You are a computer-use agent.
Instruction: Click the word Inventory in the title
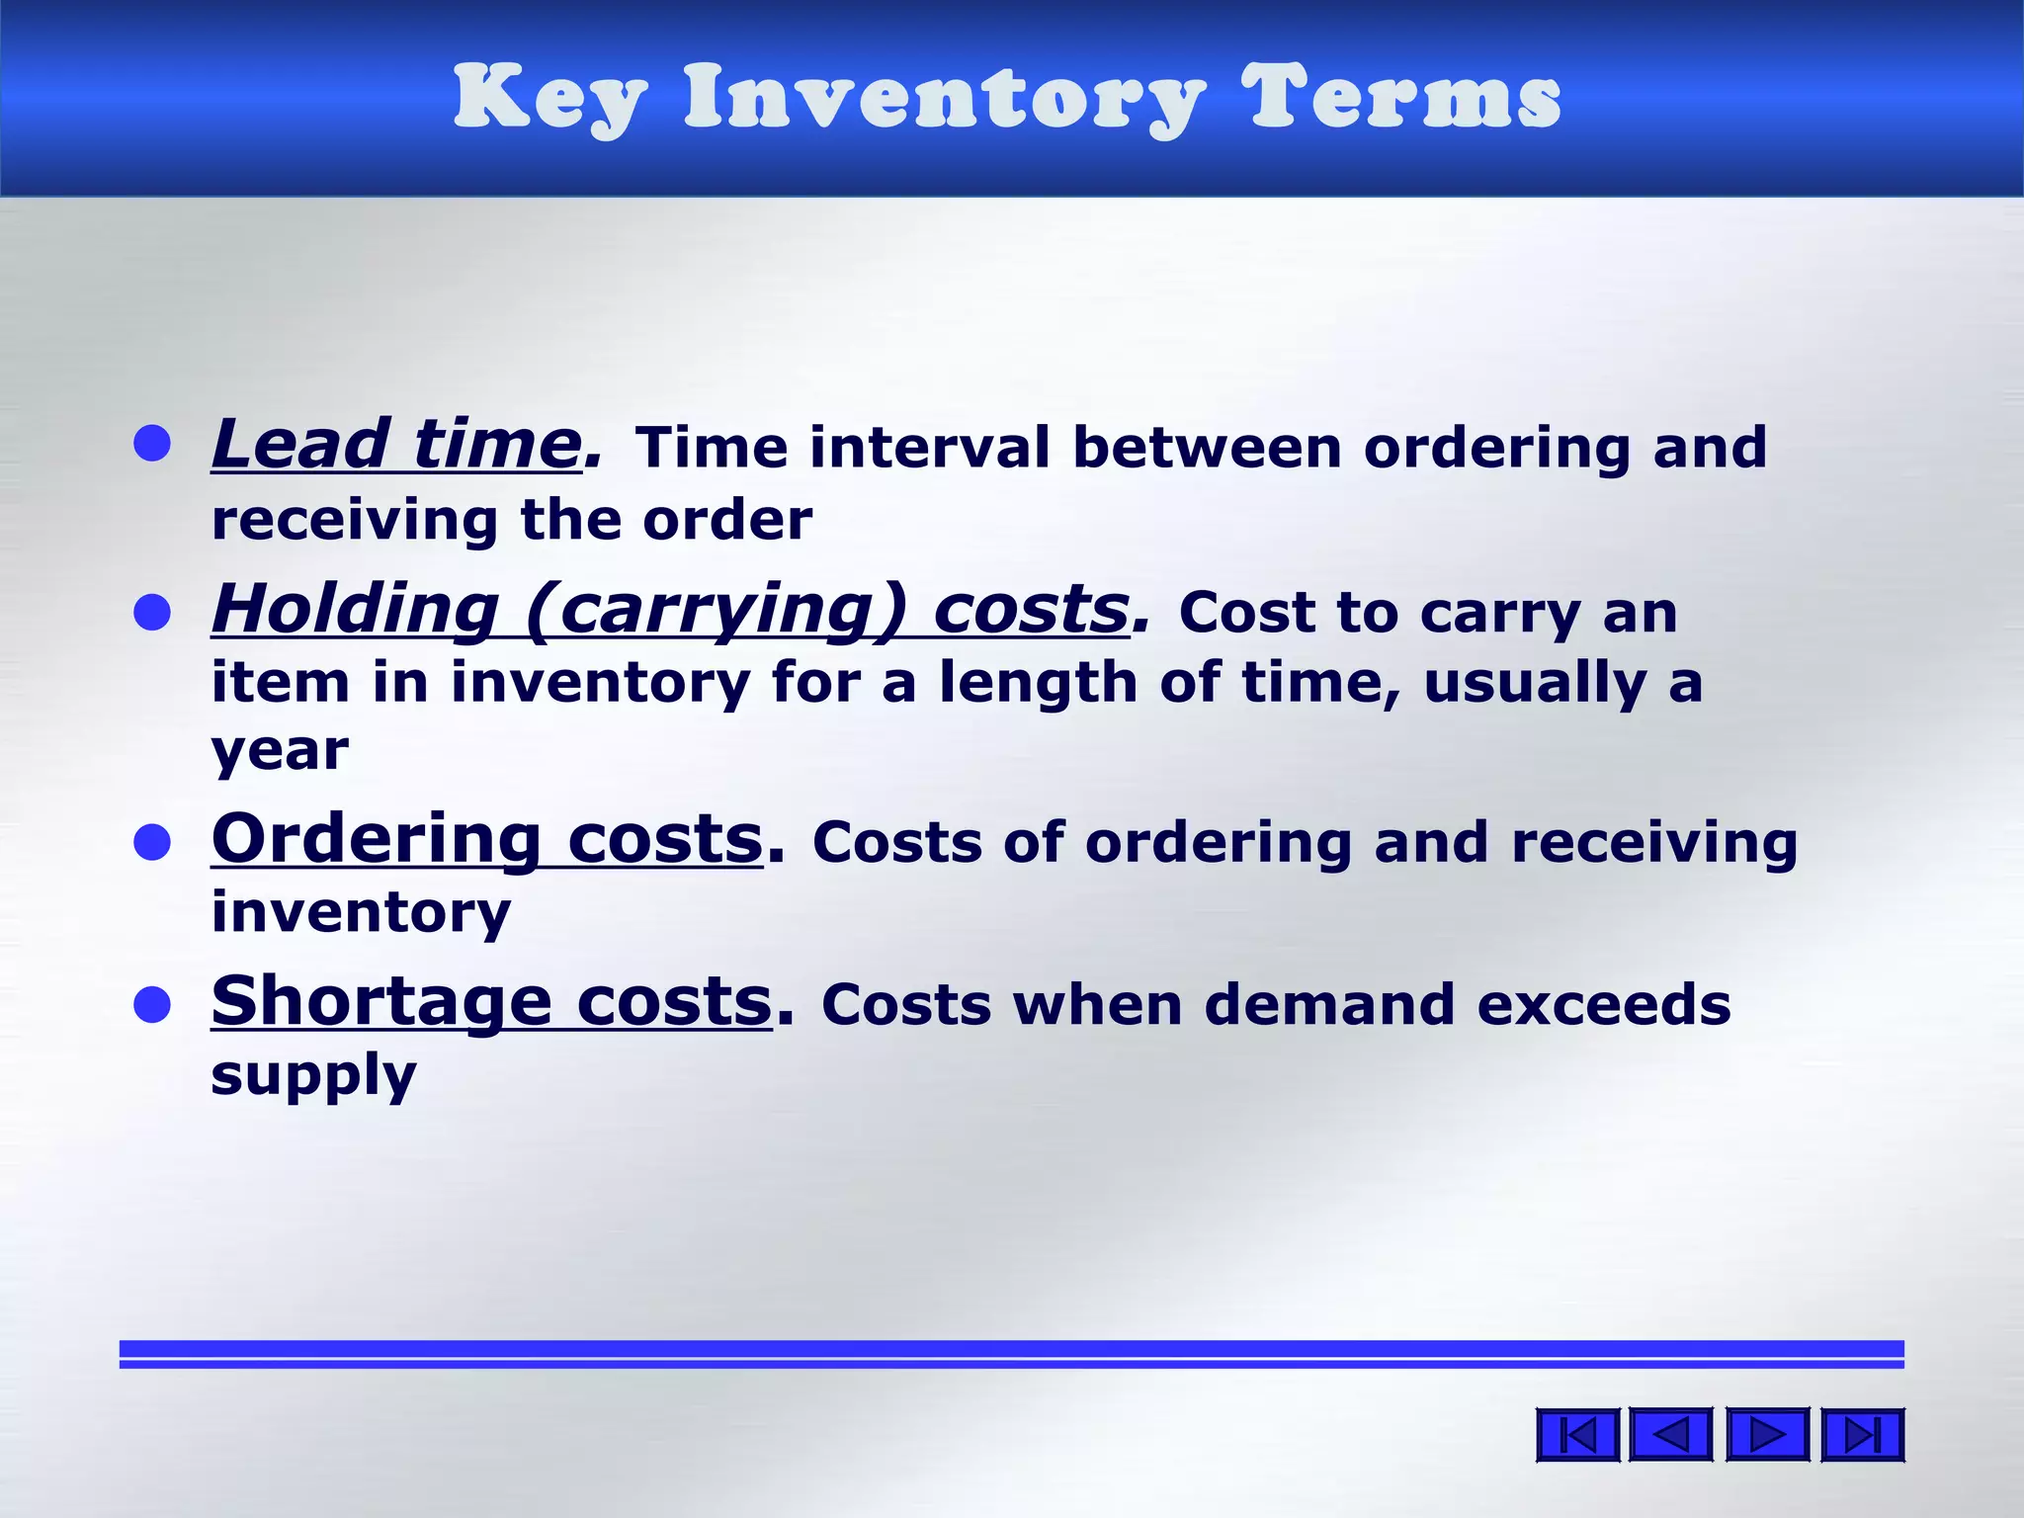click(944, 99)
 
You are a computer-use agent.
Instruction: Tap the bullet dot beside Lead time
click(152, 444)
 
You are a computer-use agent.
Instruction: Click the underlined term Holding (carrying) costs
click(670, 609)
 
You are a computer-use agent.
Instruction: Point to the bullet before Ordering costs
click(152, 843)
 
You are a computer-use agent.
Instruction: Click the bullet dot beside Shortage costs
click(152, 1005)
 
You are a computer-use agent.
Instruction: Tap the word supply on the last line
click(313, 1076)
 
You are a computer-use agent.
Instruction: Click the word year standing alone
click(280, 752)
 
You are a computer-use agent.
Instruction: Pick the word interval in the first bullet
click(929, 448)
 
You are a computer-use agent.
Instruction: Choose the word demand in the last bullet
click(1329, 1005)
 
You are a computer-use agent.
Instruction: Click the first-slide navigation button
click(1577, 1435)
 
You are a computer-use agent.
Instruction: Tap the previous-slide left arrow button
click(1670, 1435)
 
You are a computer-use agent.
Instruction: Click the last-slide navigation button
click(1862, 1435)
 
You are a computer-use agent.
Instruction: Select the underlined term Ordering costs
click(487, 839)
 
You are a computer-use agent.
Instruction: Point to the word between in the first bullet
click(1207, 448)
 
